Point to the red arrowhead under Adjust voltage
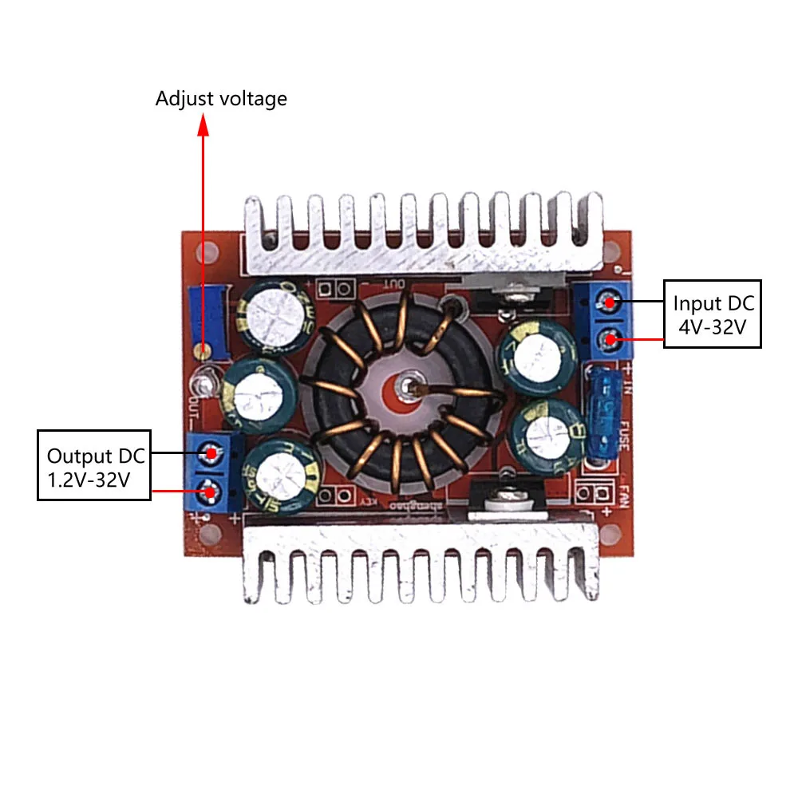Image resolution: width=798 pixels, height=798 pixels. click(203, 123)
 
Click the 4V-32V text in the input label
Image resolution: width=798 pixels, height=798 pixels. click(713, 326)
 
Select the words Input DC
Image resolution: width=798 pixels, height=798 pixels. click(713, 303)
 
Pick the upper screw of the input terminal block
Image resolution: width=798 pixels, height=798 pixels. click(610, 302)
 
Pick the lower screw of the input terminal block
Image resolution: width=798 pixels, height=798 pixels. click(610, 341)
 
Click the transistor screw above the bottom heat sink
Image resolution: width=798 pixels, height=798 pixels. click(504, 500)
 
